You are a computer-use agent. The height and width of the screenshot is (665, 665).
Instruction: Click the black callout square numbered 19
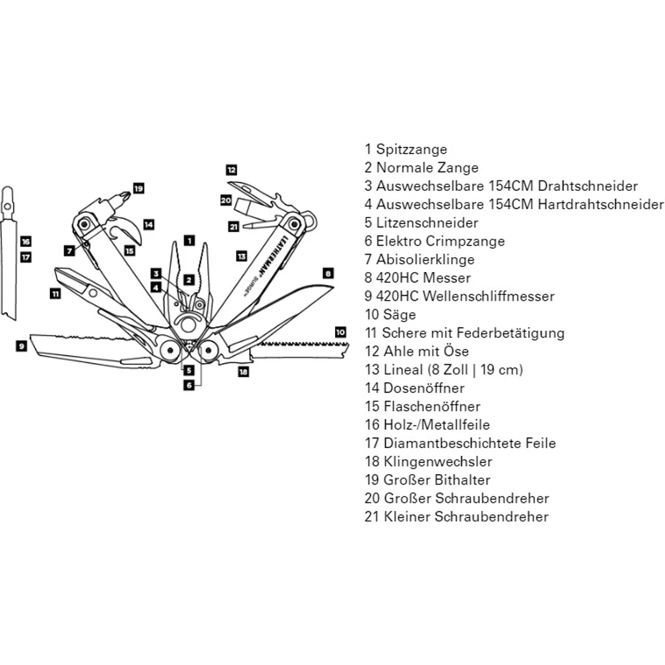(138, 188)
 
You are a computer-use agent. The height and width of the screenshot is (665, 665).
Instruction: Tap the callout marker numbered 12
(232, 170)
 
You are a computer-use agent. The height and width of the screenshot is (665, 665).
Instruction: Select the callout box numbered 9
(21, 346)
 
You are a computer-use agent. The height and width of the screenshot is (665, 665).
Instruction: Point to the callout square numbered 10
(340, 332)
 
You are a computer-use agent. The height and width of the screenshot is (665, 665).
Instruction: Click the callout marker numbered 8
(328, 273)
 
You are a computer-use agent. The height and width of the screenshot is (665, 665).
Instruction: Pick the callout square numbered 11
(56, 294)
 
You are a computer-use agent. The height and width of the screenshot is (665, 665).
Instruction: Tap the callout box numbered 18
(244, 372)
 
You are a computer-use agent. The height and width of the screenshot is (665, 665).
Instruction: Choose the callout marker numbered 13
(242, 256)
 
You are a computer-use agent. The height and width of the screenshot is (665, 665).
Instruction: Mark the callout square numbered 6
(189, 384)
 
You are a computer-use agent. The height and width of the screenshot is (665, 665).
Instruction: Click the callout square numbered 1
(189, 240)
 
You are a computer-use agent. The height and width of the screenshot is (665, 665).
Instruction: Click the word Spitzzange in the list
(412, 149)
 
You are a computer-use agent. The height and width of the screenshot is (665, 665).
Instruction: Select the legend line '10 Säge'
(390, 315)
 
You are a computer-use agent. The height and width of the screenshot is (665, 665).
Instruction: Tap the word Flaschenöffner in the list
(432, 407)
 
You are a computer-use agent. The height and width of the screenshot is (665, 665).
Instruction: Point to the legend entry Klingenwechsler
(438, 462)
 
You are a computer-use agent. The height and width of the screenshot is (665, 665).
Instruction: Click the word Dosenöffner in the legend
(424, 388)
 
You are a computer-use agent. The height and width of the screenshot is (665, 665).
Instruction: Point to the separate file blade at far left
(9, 260)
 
